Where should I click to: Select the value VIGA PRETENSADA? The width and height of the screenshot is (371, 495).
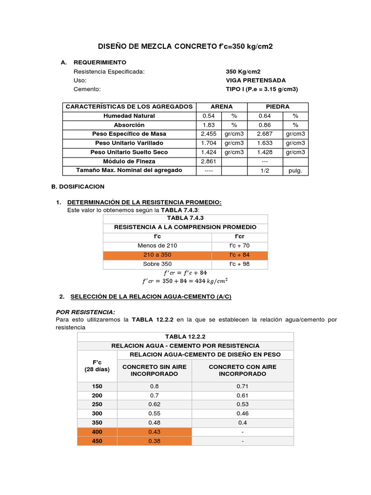pyautogui.click(x=256, y=80)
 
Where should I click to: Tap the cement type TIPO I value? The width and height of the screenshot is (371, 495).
pyautogui.click(x=262, y=89)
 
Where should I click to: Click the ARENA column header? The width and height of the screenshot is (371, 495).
pyautogui.click(x=222, y=106)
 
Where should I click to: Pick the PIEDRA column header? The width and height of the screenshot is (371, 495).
pyautogui.click(x=277, y=106)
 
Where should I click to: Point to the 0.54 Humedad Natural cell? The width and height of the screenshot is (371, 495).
pyautogui.click(x=208, y=116)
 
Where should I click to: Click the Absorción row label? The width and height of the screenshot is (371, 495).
pyautogui.click(x=128, y=125)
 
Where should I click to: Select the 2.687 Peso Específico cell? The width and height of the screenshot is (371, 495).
pyautogui.click(x=265, y=134)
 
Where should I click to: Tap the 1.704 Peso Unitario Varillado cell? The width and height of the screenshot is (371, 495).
pyautogui.click(x=208, y=143)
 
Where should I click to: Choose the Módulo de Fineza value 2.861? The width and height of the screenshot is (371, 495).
pyautogui.click(x=208, y=161)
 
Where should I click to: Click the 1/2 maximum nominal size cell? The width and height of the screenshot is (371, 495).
pyautogui.click(x=265, y=171)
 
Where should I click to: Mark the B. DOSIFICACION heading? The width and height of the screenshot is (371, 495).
pyautogui.click(x=78, y=186)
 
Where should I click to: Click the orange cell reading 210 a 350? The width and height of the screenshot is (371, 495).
pyautogui.click(x=157, y=255)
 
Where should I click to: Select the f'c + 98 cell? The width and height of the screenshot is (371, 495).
pyautogui.click(x=239, y=264)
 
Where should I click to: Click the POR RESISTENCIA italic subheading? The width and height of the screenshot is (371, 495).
pyautogui.click(x=86, y=312)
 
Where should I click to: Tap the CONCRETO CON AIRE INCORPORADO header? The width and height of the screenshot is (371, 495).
pyautogui.click(x=242, y=370)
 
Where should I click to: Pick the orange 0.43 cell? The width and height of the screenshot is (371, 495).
pyautogui.click(x=155, y=432)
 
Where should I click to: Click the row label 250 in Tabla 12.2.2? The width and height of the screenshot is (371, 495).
pyautogui.click(x=97, y=404)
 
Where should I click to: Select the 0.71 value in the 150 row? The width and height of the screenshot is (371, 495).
pyautogui.click(x=242, y=386)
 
